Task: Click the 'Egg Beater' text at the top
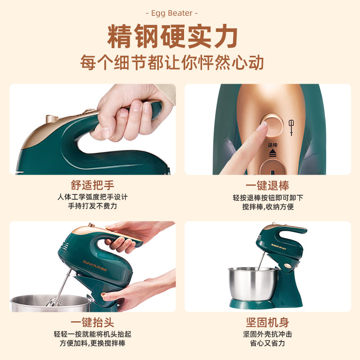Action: [x=172, y=13]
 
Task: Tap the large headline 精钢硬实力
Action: [x=172, y=36]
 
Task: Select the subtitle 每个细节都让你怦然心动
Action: [x=172, y=62]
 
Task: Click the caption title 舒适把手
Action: [x=92, y=185]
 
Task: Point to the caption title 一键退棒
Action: [x=267, y=185]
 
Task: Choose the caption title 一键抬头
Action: [x=92, y=322]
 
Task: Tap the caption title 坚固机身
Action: [x=267, y=322]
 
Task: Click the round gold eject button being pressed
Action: [x=272, y=125]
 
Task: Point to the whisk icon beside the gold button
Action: [x=291, y=127]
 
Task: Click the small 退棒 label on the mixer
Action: [x=273, y=145]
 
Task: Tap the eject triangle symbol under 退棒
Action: [x=273, y=153]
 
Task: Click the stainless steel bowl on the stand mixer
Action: [x=253, y=284]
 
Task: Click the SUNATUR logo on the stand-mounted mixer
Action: [x=279, y=246]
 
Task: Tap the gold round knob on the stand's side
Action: [x=288, y=266]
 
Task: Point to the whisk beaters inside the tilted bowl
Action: [x=54, y=301]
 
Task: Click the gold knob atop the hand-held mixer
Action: [x=52, y=119]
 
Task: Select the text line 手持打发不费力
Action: [x=92, y=206]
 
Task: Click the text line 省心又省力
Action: [x=267, y=343]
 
